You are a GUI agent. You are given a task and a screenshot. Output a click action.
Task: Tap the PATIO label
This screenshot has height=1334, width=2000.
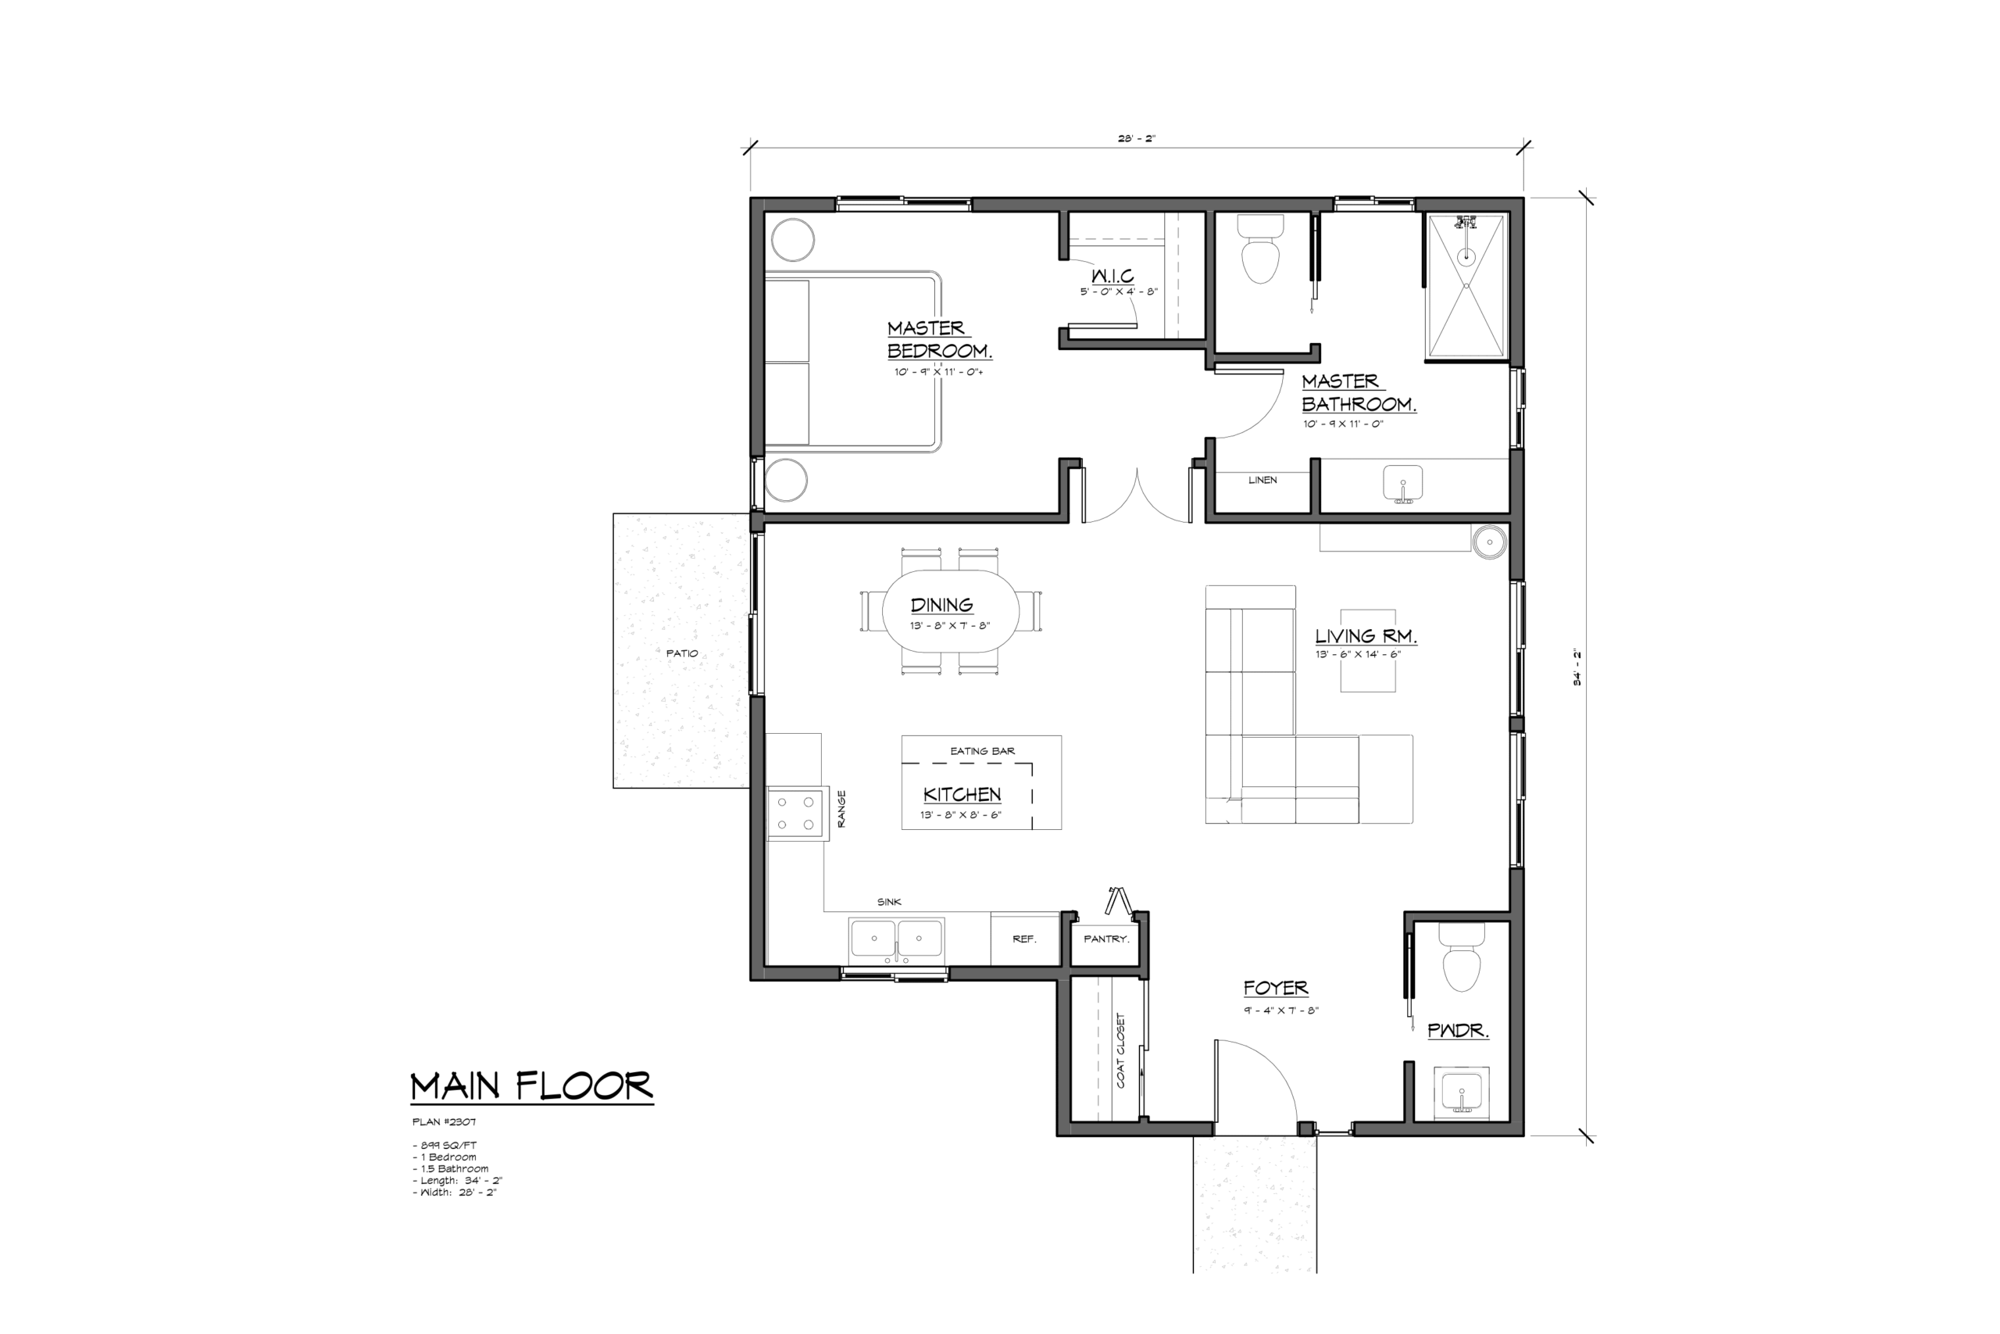[x=682, y=653]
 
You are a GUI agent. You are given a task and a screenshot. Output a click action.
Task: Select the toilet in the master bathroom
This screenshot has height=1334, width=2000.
[x=1260, y=249]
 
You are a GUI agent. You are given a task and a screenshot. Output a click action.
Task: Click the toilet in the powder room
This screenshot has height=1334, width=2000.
[x=1462, y=957]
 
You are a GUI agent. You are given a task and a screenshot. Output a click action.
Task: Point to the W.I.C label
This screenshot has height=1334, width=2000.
[x=1112, y=276]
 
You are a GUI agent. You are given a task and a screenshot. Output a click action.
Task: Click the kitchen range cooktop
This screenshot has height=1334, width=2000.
[x=797, y=814]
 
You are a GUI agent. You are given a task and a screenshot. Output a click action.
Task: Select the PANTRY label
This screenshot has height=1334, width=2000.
[x=1106, y=939]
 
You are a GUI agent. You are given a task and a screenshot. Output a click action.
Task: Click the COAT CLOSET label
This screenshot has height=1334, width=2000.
[x=1121, y=1050]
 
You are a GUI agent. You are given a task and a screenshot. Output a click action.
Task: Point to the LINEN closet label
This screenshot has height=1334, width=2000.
[x=1262, y=480]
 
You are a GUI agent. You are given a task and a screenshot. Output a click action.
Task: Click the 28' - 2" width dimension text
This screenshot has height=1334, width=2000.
[x=1137, y=138]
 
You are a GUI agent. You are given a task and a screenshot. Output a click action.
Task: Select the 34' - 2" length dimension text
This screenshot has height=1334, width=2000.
[x=1577, y=667]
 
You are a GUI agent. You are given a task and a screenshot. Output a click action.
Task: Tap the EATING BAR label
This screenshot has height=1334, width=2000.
[x=982, y=751]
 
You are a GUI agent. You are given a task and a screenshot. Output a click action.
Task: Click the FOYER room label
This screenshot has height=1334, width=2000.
[x=1276, y=988]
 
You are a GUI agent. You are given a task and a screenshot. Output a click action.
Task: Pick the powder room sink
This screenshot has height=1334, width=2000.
[x=1462, y=1093]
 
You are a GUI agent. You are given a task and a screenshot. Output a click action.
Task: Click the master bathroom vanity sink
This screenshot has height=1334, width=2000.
[x=1403, y=484]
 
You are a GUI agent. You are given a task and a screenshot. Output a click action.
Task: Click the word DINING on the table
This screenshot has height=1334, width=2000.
[x=941, y=605]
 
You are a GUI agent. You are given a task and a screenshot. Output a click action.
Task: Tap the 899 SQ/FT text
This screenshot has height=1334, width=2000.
[x=445, y=1146]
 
